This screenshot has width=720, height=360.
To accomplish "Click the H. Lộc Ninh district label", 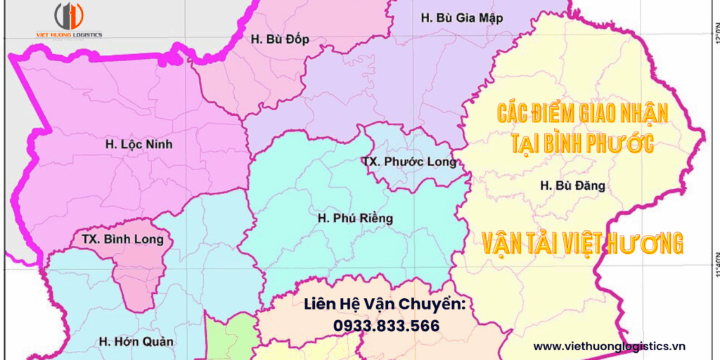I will (139, 145).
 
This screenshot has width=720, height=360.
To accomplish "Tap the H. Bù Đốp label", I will (279, 39).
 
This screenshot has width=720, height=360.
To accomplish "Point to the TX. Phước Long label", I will (409, 162).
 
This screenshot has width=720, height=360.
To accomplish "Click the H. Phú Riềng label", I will (355, 219).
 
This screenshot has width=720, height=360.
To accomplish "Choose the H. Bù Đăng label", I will (572, 186).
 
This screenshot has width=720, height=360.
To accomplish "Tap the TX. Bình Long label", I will (122, 240).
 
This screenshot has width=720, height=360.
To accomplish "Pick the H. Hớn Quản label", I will (136, 342).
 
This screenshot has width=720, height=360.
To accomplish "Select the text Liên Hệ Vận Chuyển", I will (385, 304).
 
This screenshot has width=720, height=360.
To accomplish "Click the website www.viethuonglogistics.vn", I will (609, 346).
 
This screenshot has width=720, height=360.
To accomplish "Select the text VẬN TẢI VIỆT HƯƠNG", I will (583, 243).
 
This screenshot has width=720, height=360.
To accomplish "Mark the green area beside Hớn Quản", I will (229, 334).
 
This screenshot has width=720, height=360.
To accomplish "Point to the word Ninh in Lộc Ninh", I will (158, 145).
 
